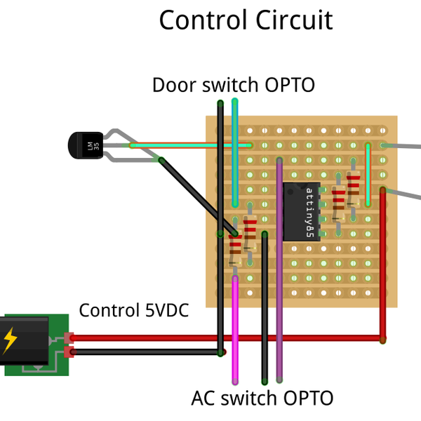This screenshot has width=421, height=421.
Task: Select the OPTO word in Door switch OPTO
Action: pos(289,86)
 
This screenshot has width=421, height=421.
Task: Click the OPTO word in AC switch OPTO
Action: pos(307,399)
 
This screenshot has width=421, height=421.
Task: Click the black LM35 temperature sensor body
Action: pos(84,146)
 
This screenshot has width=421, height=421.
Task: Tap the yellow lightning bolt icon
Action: pos(10,340)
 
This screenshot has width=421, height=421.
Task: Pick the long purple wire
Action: pos(279,281)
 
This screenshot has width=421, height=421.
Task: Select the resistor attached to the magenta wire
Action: pos(235,249)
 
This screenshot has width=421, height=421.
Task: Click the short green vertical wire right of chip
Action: pos(368,175)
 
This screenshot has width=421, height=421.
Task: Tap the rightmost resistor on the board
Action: pos(354,186)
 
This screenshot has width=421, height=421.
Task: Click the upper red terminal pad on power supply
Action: pos(69,338)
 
